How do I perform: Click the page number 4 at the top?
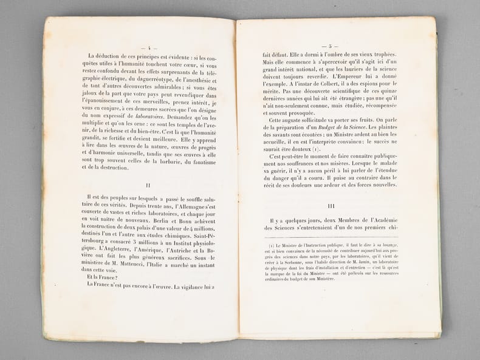[x=148, y=47]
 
